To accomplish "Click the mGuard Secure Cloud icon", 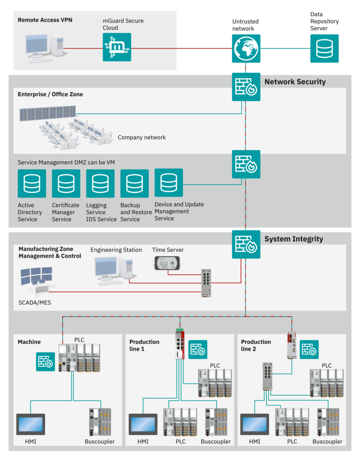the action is pos(117,47).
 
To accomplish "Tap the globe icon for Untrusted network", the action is pos(246,49).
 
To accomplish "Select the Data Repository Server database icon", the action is pos(324,49).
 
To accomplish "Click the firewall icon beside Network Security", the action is pos(246,87).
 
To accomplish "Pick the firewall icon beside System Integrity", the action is pos(246,244).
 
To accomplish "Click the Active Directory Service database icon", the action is pos(32,183).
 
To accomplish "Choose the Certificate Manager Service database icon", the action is pos(66,183).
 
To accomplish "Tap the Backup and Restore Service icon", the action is pos(134,183).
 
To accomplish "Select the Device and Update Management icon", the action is pos(168,182).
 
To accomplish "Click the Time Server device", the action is pos(167,263).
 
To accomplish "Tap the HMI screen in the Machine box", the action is pos(30,424).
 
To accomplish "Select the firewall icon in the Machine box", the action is pos(46,362).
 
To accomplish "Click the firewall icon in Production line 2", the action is pos(309,349).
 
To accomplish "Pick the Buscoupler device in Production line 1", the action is pos(216,422).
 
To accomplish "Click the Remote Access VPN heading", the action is pos(45,20).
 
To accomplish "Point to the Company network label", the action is pos(142,137).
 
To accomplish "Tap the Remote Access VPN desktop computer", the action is pos(45,49).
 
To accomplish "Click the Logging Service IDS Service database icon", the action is pos(100,183).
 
